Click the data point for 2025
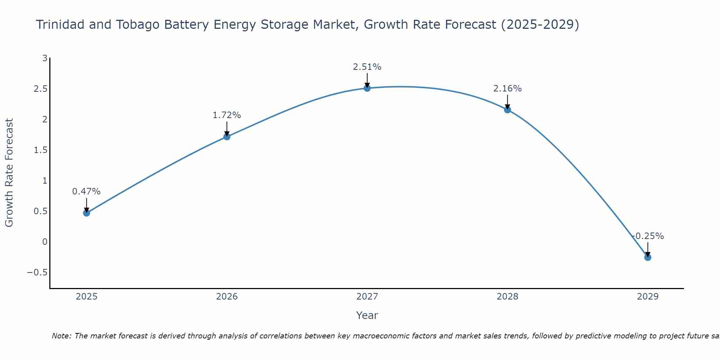(x=86, y=213)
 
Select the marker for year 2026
(x=227, y=136)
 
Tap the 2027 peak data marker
(x=367, y=88)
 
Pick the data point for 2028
(x=508, y=109)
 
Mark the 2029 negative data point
(x=648, y=257)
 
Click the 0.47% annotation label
(x=86, y=192)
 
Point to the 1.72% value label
(x=227, y=115)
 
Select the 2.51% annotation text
(x=367, y=67)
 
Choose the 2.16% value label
(x=508, y=89)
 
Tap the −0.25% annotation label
(x=648, y=236)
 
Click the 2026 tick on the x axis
(x=227, y=297)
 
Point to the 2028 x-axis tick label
(x=508, y=297)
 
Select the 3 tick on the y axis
(x=45, y=58)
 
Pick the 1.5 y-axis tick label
(x=41, y=150)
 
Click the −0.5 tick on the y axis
(x=37, y=273)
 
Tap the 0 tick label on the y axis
(x=45, y=242)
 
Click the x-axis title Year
(x=367, y=315)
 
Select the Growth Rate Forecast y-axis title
(x=9, y=173)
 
